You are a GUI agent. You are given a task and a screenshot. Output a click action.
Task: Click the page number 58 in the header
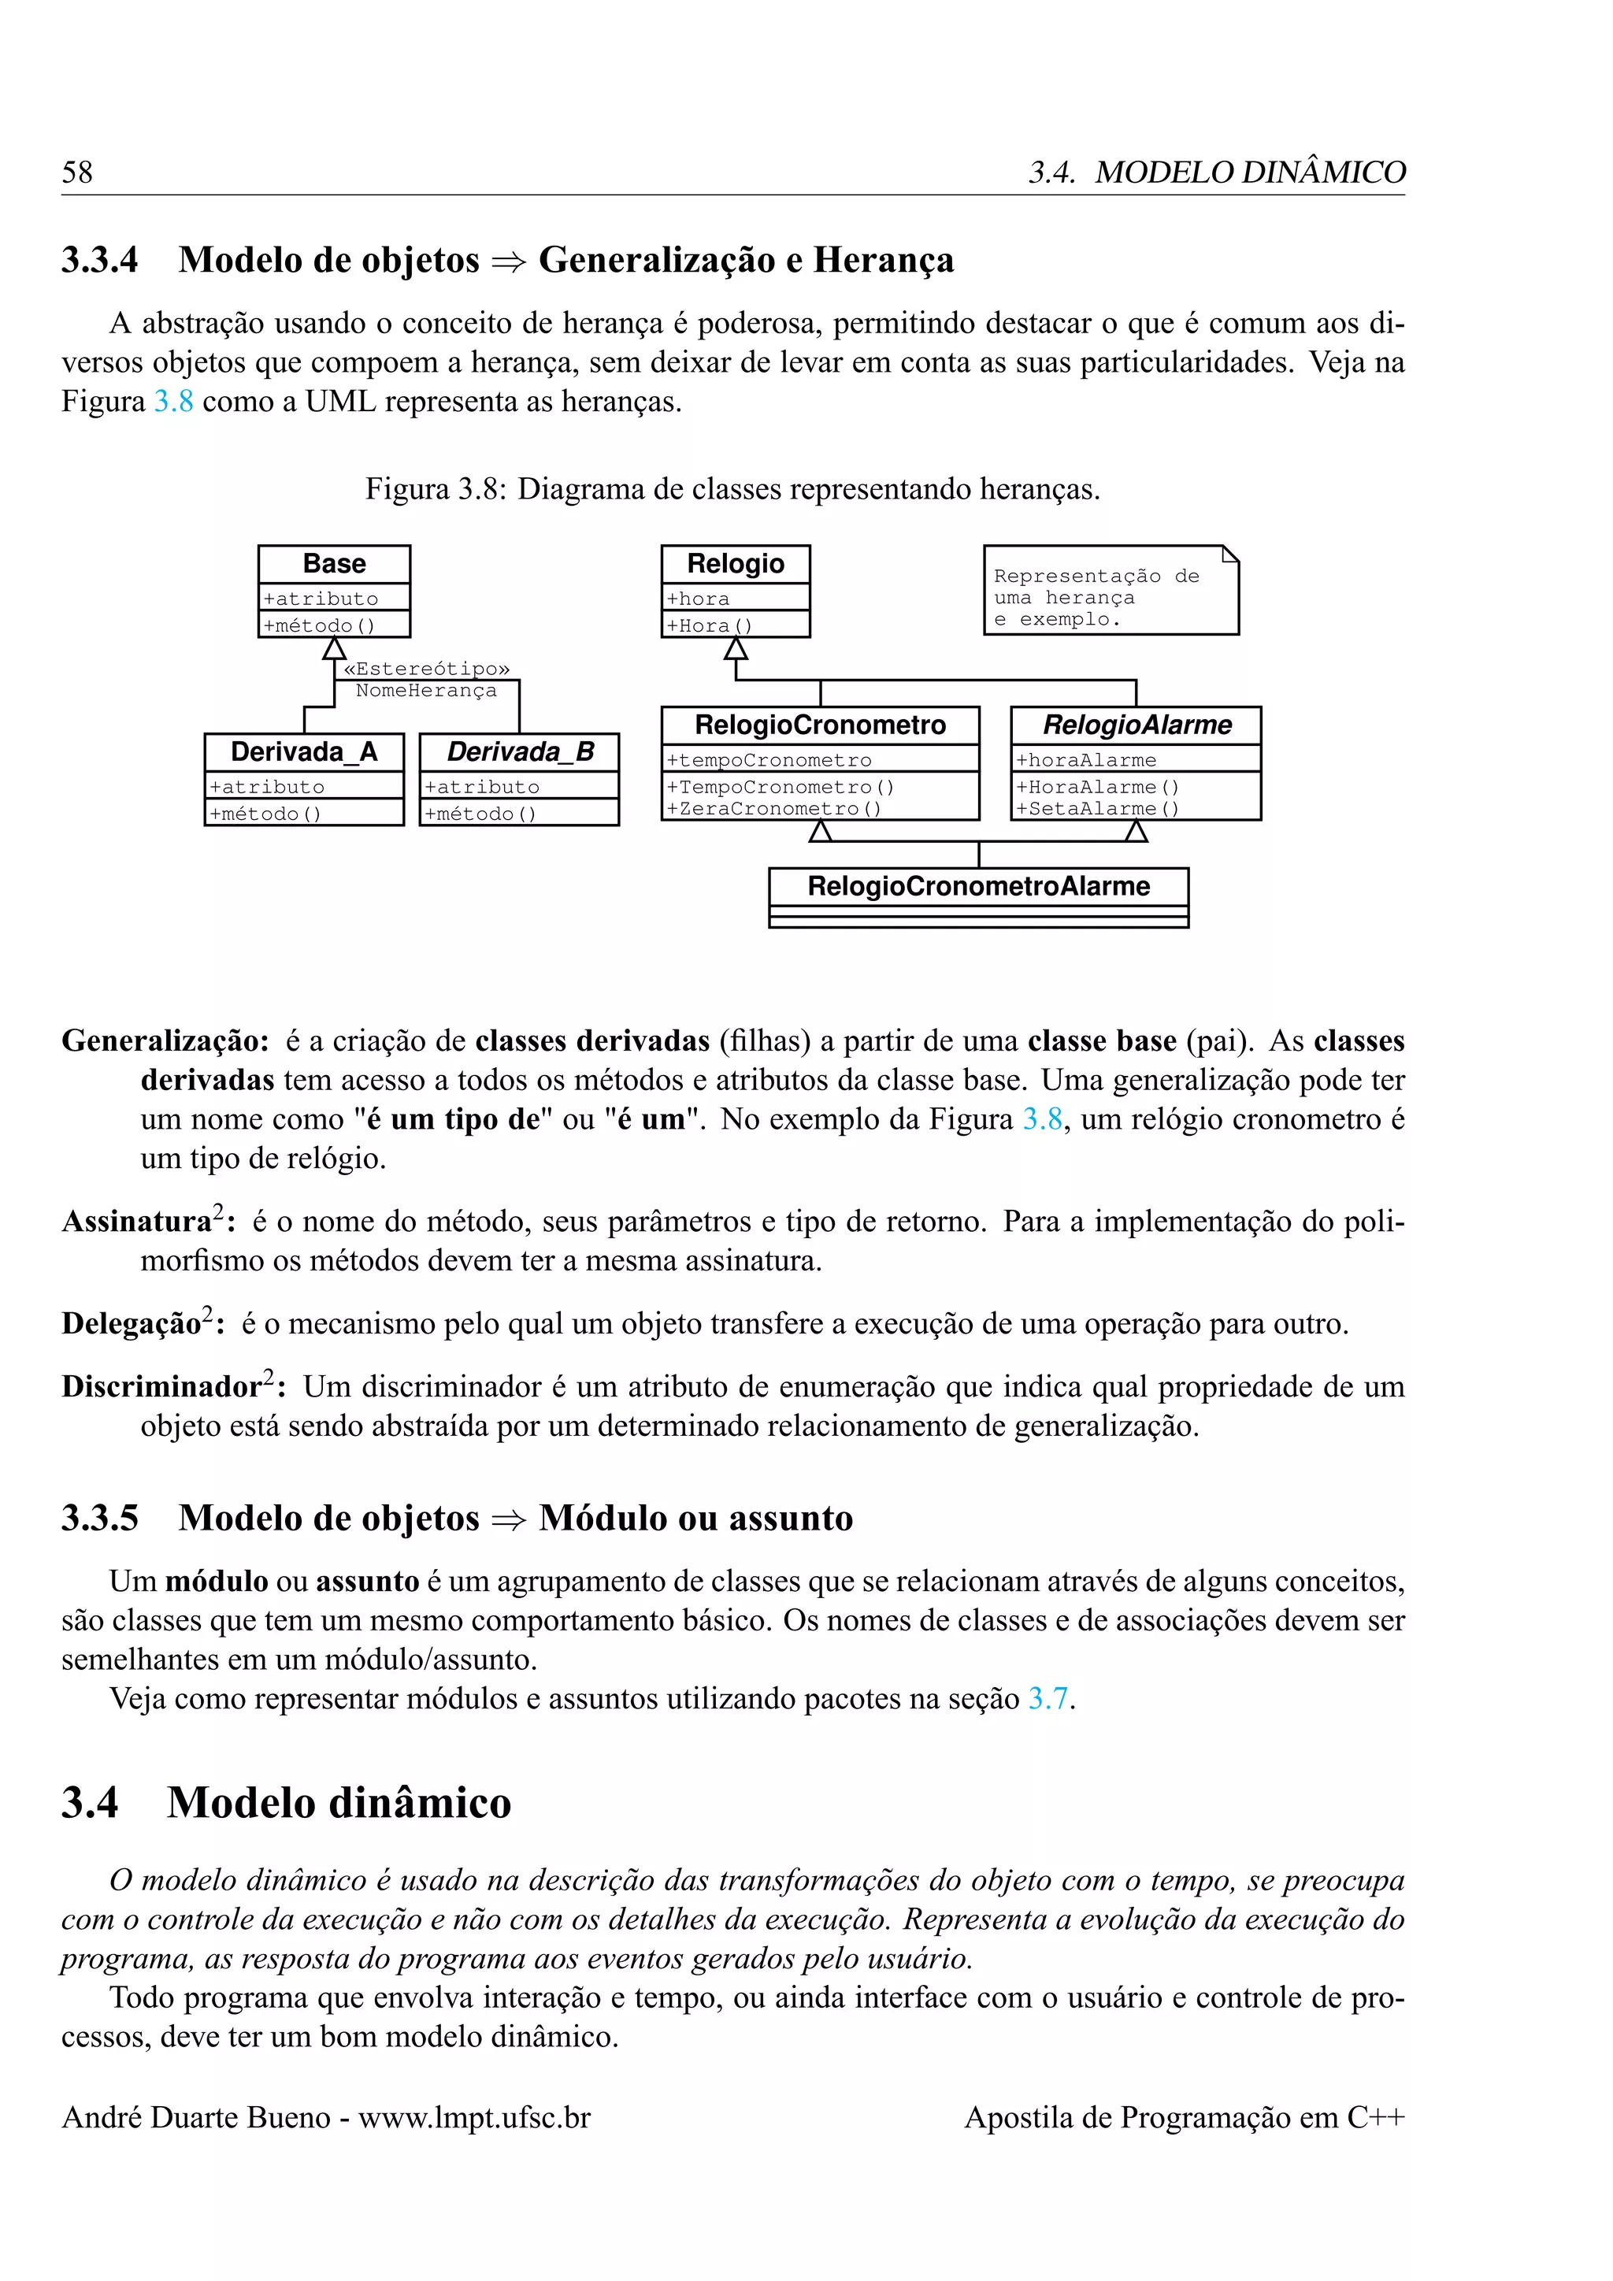coord(76,172)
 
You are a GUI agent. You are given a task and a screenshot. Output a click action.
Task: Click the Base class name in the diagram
coord(334,564)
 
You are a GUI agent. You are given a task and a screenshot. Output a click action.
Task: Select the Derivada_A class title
coord(304,752)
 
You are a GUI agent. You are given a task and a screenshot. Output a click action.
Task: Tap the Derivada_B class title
coord(520,752)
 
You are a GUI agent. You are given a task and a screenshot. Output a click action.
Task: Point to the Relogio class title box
coord(735,564)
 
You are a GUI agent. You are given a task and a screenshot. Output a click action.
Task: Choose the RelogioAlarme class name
coord(1137,725)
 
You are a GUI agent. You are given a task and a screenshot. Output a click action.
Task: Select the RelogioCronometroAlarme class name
coord(978,886)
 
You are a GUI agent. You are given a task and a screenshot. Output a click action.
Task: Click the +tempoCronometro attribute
coord(769,760)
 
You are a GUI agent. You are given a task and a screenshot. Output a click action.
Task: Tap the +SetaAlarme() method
coord(1096,809)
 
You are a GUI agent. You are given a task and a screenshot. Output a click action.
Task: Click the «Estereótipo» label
coord(426,669)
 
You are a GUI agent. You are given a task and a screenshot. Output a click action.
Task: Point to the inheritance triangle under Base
coord(334,649)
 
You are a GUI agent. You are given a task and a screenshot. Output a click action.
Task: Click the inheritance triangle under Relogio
coord(735,649)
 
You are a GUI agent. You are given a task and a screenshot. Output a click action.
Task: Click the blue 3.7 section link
coord(1047,1699)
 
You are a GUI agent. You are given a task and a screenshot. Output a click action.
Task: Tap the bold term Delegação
coord(131,1324)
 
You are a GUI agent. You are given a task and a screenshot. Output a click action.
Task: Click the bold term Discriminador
coord(161,1387)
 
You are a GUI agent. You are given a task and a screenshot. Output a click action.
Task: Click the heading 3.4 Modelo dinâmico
coord(286,1803)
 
